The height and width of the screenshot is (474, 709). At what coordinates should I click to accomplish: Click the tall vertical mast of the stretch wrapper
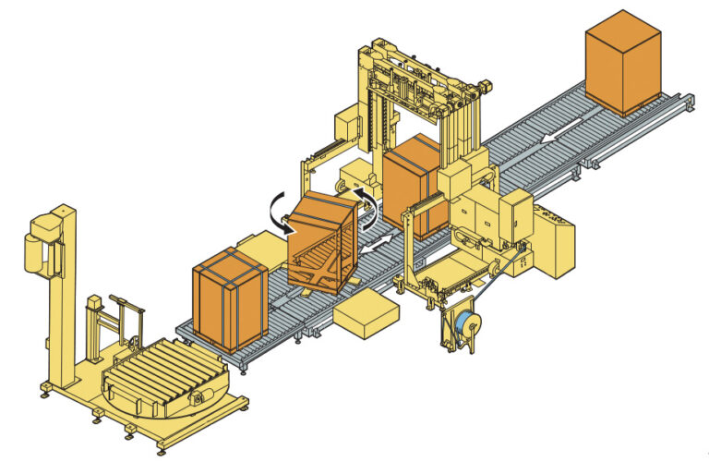tap(62, 296)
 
